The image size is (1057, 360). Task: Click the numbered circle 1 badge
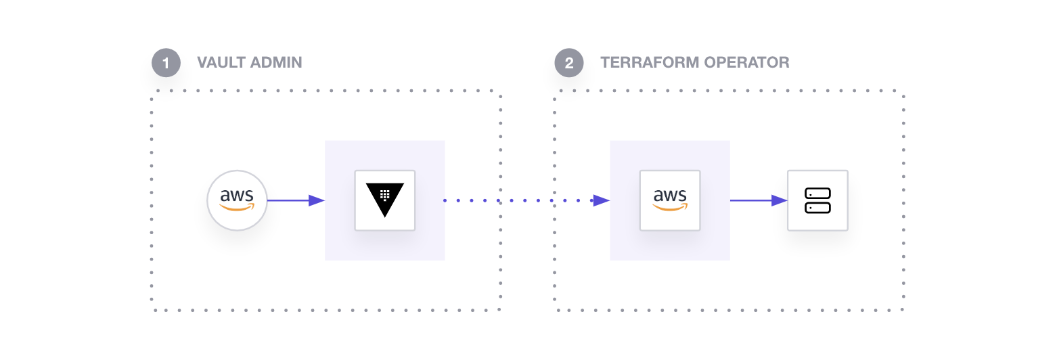pyautogui.click(x=166, y=63)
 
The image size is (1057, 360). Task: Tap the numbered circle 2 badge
pyautogui.click(x=569, y=63)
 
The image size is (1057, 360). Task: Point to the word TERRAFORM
pyautogui.click(x=650, y=63)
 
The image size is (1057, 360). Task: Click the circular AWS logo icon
pyautogui.click(x=237, y=200)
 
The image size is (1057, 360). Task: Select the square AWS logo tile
pyautogui.click(x=670, y=200)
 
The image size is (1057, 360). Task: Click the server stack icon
pyautogui.click(x=817, y=200)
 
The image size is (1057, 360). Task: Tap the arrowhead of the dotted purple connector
pyautogui.click(x=602, y=200)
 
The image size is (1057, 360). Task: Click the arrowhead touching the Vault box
pyautogui.click(x=317, y=200)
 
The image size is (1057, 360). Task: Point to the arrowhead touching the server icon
pyautogui.click(x=780, y=200)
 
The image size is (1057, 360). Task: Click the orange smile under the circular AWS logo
pyautogui.click(x=237, y=208)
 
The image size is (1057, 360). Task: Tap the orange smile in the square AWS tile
pyautogui.click(x=670, y=208)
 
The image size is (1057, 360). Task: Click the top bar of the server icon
pyautogui.click(x=817, y=194)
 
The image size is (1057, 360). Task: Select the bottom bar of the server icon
pyautogui.click(x=817, y=207)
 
